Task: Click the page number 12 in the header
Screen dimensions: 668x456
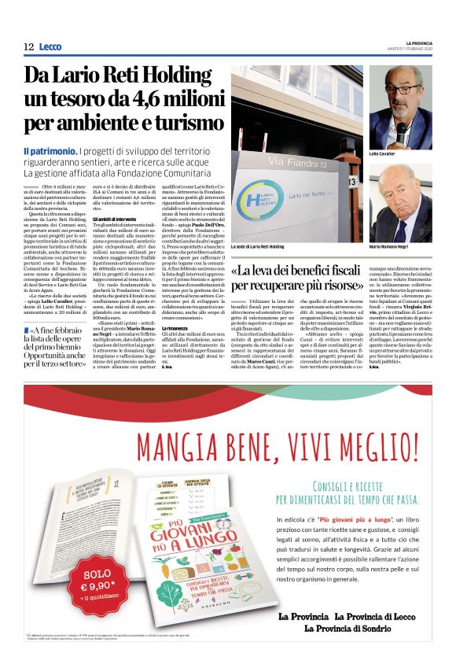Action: [28, 47]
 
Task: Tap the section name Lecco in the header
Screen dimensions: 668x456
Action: [50, 47]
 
